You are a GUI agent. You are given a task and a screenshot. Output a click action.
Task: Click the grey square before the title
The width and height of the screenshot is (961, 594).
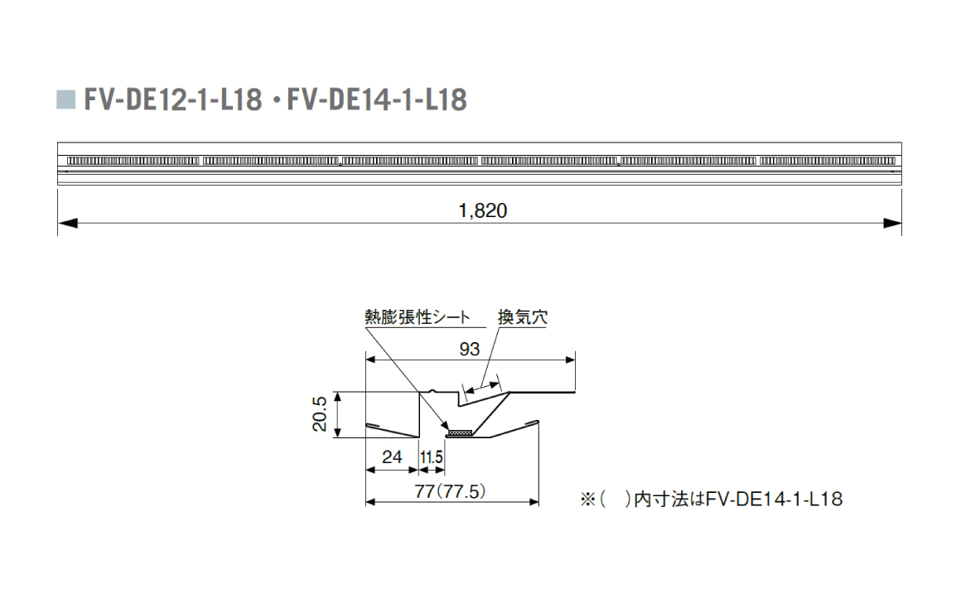[66, 100]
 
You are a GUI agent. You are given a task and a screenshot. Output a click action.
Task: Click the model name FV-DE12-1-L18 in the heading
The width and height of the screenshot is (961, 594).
[173, 100]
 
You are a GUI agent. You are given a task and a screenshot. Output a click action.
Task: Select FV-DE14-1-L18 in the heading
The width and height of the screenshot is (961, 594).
[377, 100]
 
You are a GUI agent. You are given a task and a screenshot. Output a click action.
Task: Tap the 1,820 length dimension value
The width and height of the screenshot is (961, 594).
[483, 210]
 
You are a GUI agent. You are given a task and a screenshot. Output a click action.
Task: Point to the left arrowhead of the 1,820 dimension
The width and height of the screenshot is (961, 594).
[67, 223]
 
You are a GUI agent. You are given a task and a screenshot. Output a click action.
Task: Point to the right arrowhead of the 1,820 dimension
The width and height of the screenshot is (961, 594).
[892, 223]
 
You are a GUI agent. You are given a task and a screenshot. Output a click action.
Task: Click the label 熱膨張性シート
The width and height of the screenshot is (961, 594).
[418, 317]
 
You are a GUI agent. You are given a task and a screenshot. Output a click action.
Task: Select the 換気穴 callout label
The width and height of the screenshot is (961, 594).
[522, 317]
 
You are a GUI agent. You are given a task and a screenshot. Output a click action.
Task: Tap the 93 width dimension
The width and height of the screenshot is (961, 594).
[470, 349]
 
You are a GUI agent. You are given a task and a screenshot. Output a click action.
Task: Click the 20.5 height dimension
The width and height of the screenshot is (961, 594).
[320, 413]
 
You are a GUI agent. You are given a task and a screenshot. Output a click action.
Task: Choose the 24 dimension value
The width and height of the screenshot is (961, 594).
[392, 456]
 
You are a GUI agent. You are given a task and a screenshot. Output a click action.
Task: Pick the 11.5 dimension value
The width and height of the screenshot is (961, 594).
[432, 457]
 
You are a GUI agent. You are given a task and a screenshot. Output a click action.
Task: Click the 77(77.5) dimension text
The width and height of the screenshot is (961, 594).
[451, 491]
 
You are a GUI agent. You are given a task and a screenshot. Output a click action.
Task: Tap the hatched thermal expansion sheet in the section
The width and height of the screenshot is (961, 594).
[460, 433]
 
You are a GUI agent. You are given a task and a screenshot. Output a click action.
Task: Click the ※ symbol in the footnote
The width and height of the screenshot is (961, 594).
[588, 500]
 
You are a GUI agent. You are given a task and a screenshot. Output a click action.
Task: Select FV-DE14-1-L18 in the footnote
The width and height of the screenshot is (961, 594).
[774, 499]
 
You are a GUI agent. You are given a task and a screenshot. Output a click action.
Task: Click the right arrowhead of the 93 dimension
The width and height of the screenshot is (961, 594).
[570, 360]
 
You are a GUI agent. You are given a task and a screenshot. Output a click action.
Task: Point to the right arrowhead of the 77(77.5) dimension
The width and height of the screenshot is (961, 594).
[534, 502]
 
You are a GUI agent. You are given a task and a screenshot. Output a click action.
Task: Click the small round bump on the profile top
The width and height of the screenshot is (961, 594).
[433, 390]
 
